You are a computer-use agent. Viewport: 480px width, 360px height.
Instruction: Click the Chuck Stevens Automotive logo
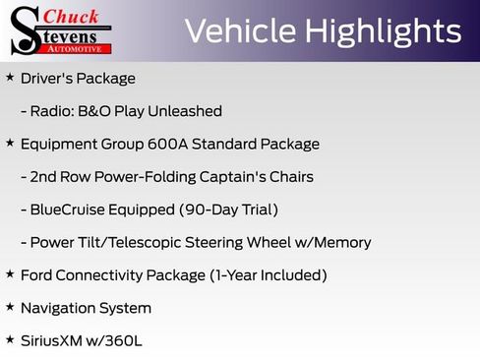61,30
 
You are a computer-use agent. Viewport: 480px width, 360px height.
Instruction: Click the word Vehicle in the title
240,31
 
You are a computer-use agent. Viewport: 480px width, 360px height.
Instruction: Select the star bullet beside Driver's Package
10,77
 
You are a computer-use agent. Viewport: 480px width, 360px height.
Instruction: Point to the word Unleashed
188,111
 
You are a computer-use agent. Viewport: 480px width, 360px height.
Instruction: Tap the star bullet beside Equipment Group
10,143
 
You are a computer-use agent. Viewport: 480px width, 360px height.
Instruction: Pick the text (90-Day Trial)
228,210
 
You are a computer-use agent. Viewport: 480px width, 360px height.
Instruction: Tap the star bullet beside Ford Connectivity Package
10,273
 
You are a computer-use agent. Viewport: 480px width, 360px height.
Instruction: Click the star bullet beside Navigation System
10,307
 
